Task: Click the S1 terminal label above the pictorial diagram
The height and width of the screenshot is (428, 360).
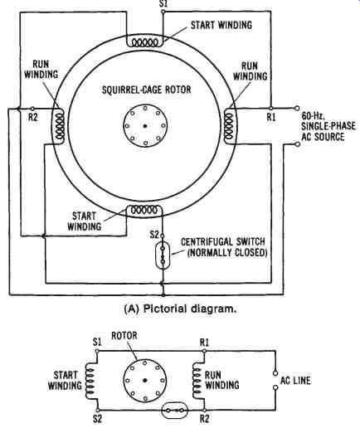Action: [x=163, y=4]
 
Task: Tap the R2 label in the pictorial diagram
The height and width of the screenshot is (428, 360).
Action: [x=32, y=117]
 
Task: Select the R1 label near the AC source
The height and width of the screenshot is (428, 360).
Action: [x=271, y=117]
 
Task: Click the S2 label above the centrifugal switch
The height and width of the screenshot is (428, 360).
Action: [x=154, y=235]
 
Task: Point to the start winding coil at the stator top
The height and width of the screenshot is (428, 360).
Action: [x=144, y=42]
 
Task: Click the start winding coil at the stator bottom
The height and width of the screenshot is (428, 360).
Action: [x=144, y=211]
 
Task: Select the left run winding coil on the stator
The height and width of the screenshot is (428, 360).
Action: [x=60, y=126]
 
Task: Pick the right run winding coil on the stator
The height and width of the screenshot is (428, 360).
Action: [x=229, y=126]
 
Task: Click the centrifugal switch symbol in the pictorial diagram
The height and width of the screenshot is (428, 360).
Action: [x=163, y=255]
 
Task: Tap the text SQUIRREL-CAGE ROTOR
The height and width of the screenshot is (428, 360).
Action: [x=147, y=90]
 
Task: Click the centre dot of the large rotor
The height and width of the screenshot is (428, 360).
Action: [x=145, y=126]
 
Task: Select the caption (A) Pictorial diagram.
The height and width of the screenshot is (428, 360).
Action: [x=180, y=309]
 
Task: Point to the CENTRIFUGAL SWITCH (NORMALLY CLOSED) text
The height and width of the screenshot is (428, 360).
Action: [x=223, y=247]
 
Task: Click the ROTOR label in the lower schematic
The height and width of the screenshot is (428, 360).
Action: [x=124, y=336]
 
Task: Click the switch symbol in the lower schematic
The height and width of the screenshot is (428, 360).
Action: [x=175, y=411]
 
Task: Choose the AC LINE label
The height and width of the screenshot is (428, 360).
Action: [x=295, y=381]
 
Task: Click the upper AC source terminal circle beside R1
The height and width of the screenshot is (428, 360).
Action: [x=298, y=108]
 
